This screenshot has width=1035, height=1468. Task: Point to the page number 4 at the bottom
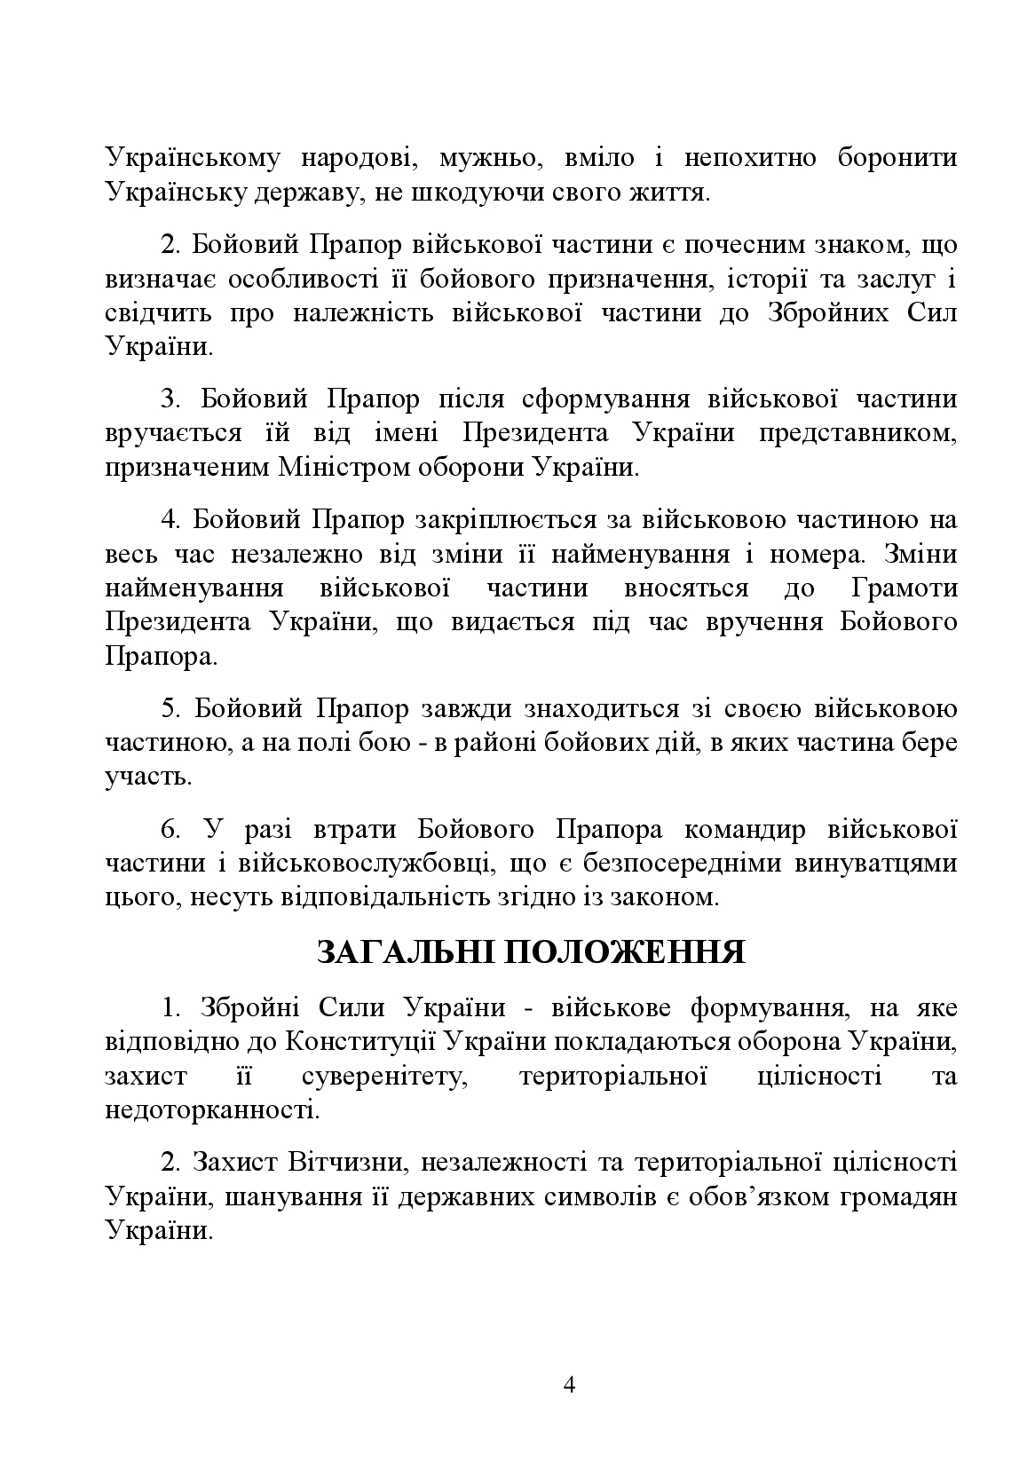coord(569,1384)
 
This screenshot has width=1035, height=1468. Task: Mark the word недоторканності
coord(209,1110)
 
